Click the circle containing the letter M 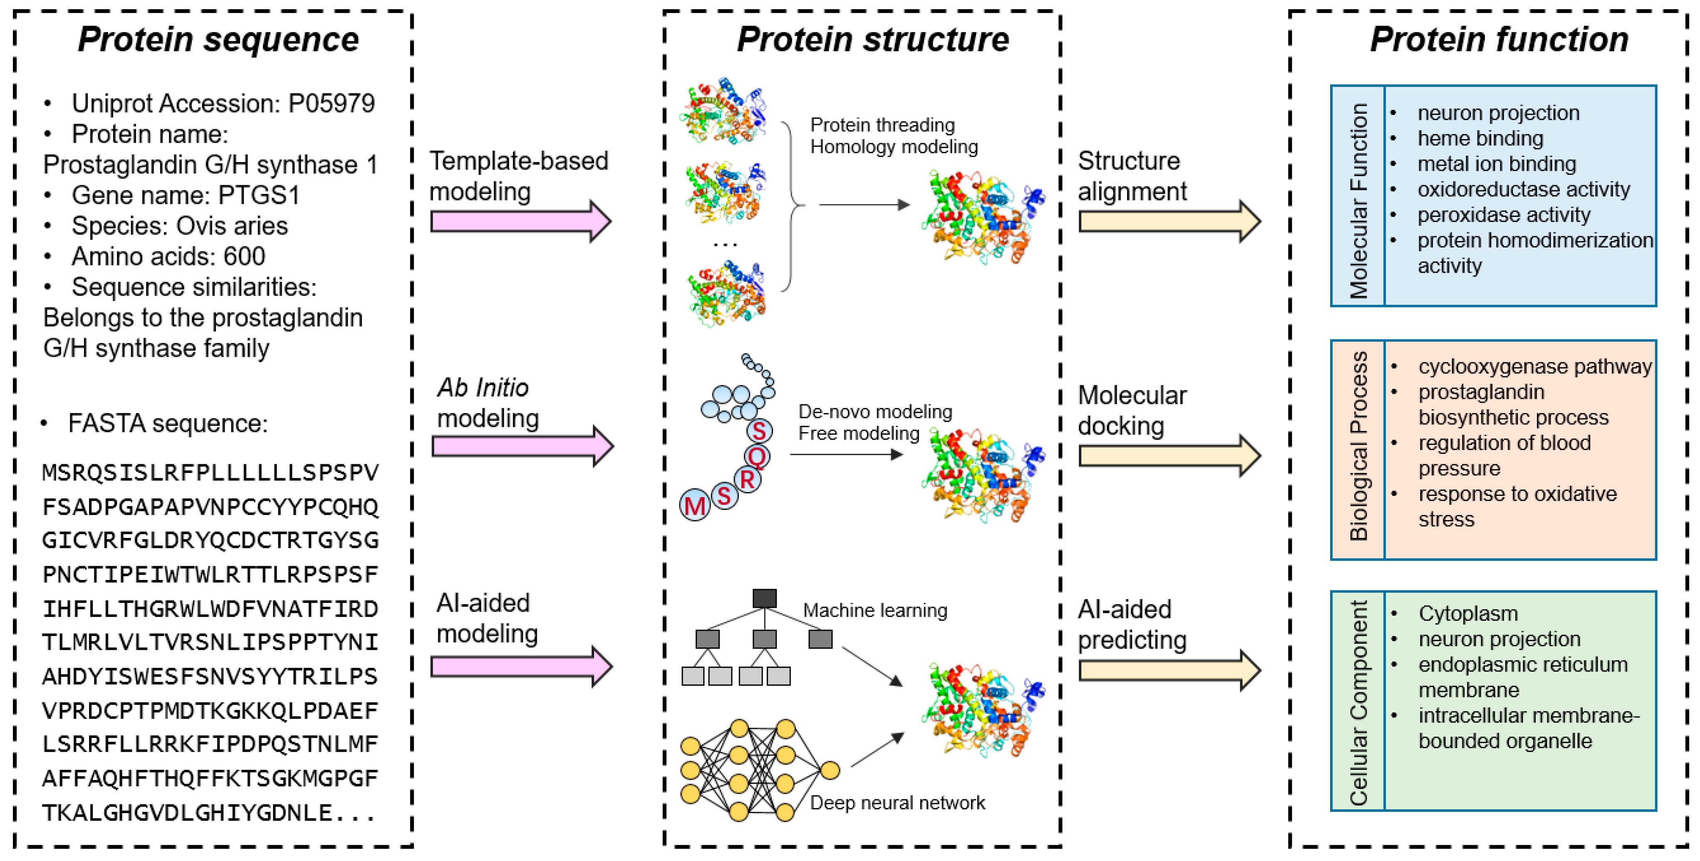694,506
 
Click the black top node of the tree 764,598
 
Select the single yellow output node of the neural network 830,770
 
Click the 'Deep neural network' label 897,802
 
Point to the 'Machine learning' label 875,610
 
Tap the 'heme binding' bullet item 1480,139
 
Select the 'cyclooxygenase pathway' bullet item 1534,366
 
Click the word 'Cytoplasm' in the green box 1468,613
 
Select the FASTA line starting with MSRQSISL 210,473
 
